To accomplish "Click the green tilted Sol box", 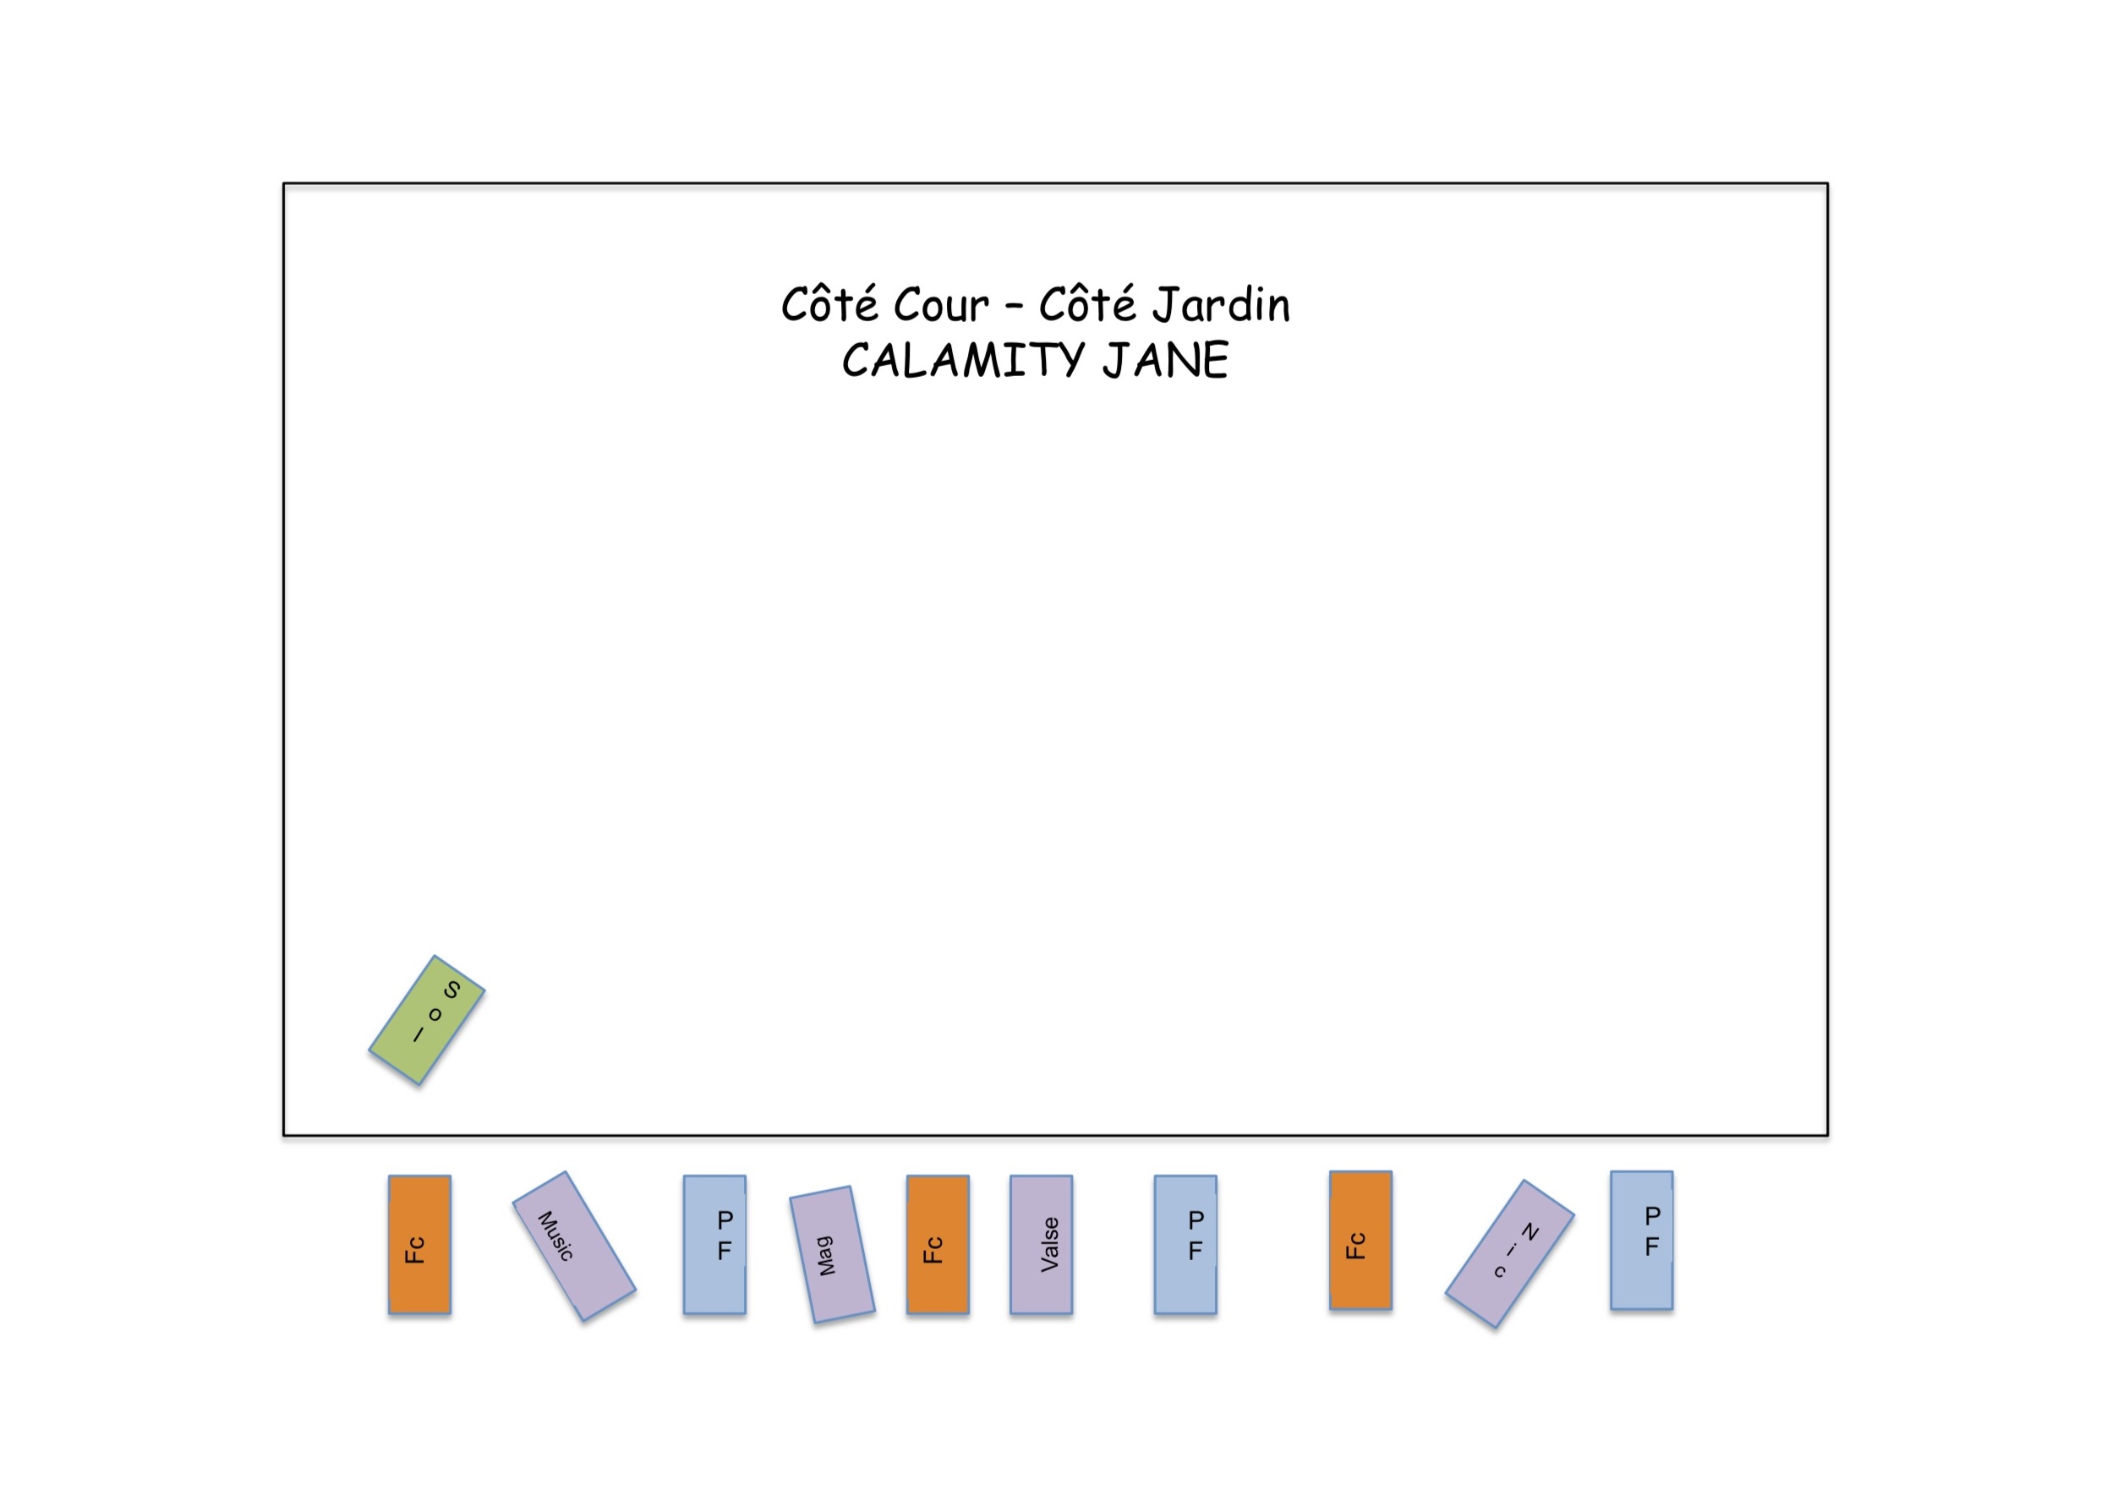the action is (426, 1020).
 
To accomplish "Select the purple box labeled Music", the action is (573, 1246).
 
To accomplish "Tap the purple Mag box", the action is (832, 1254).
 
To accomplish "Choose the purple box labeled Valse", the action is (1042, 1244).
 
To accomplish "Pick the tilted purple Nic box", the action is (1510, 1254).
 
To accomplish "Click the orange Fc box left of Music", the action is (420, 1244).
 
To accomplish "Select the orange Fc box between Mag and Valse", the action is (938, 1244).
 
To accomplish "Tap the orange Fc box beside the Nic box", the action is (1360, 1240).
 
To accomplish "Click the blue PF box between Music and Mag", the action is (714, 1244).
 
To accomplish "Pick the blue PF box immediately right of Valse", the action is (1186, 1244).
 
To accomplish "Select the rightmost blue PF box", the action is (1642, 1240).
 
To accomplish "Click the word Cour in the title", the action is (941, 306).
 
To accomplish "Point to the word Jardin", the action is (1222, 306).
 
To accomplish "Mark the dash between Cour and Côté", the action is (1014, 308).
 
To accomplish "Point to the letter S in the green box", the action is (451, 990).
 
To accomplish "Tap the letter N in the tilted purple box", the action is (1529, 1231).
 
